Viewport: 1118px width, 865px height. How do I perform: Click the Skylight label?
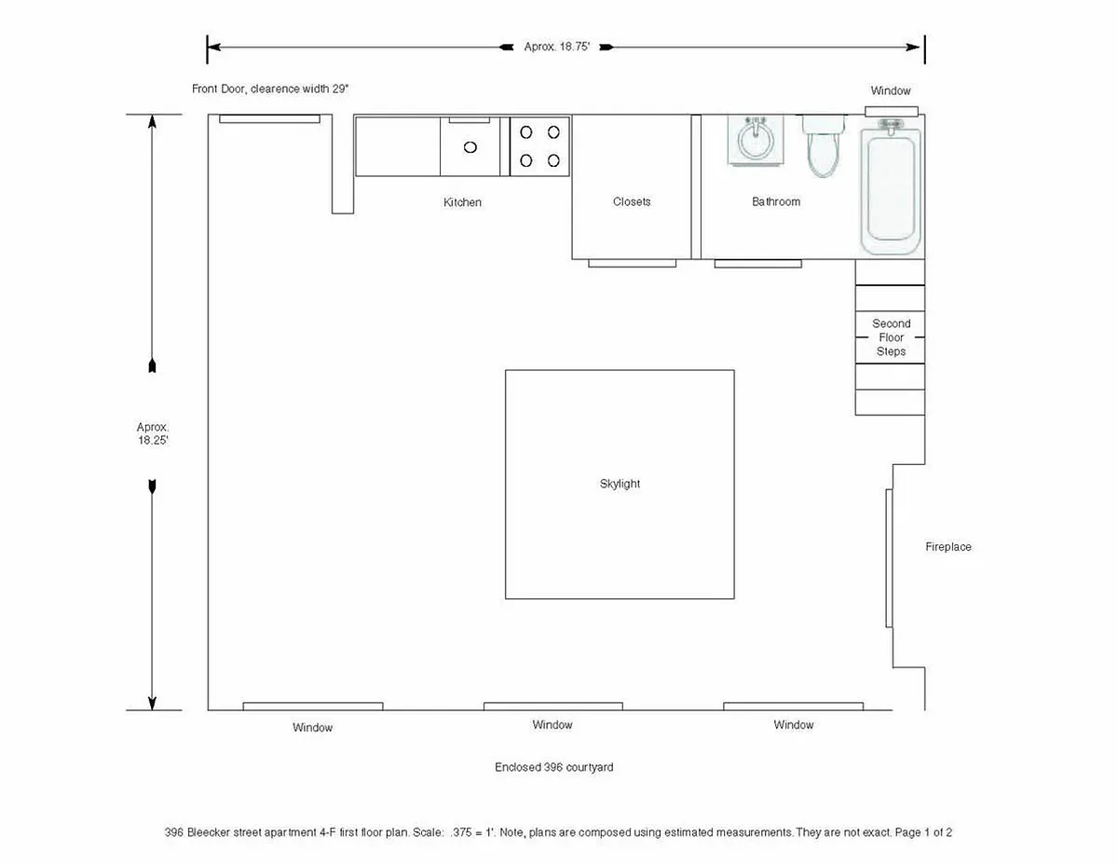pyautogui.click(x=620, y=484)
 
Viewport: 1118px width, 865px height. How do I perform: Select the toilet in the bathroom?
pyautogui.click(x=824, y=145)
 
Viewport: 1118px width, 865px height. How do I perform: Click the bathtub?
pyautogui.click(x=891, y=186)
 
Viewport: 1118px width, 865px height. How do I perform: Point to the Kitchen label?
pyautogui.click(x=462, y=202)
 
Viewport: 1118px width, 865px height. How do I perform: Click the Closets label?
pyautogui.click(x=632, y=201)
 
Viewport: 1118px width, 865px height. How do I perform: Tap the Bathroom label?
pyautogui.click(x=776, y=201)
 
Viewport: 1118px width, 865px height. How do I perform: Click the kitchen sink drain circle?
pyautogui.click(x=470, y=147)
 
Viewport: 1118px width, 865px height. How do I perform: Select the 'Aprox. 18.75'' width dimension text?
pyautogui.click(x=557, y=47)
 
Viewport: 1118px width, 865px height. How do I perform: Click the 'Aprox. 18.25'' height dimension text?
pyautogui.click(x=152, y=433)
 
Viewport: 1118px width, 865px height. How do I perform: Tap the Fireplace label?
pyautogui.click(x=948, y=547)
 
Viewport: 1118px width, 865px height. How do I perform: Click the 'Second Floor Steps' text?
pyautogui.click(x=891, y=337)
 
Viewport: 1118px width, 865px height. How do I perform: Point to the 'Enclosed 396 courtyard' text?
pyautogui.click(x=553, y=767)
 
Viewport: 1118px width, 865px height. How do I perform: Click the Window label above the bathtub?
pyautogui.click(x=890, y=90)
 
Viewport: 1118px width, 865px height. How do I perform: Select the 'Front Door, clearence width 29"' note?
pyautogui.click(x=270, y=89)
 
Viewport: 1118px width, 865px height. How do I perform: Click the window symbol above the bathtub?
pyautogui.click(x=891, y=112)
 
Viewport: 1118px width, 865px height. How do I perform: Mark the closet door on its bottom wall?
pyautogui.click(x=632, y=264)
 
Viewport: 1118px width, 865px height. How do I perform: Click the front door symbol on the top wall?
pyautogui.click(x=269, y=119)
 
